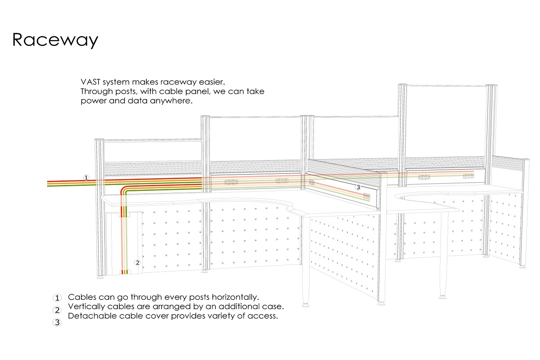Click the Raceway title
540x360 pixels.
[55, 40]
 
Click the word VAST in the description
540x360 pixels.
[90, 82]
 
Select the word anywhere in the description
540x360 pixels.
[171, 101]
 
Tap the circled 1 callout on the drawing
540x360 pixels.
[86, 178]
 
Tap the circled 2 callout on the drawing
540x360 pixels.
[137, 263]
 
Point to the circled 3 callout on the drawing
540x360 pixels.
[358, 187]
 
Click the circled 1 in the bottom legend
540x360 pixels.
[57, 298]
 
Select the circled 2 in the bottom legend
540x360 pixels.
[57, 310]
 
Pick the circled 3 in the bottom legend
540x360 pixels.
[57, 322]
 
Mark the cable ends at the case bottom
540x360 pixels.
[125, 272]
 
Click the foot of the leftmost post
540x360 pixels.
[100, 277]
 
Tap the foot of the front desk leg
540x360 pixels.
[306, 305]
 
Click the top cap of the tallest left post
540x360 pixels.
[403, 85]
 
